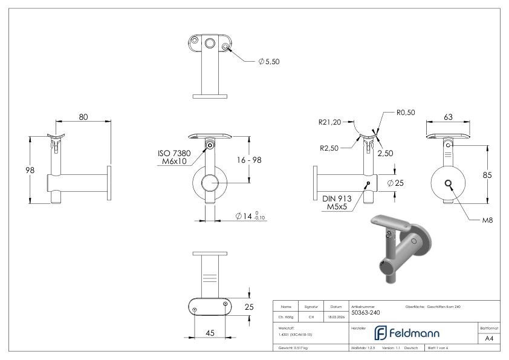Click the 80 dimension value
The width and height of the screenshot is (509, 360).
(x=83, y=117)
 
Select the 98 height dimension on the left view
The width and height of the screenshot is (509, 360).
(x=21, y=170)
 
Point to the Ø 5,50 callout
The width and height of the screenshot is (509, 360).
(x=268, y=62)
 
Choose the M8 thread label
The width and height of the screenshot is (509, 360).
(x=487, y=220)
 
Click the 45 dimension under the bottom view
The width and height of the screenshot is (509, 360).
(x=210, y=332)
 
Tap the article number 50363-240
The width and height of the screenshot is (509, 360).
(x=365, y=313)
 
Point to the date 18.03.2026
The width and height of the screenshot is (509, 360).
(x=336, y=316)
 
